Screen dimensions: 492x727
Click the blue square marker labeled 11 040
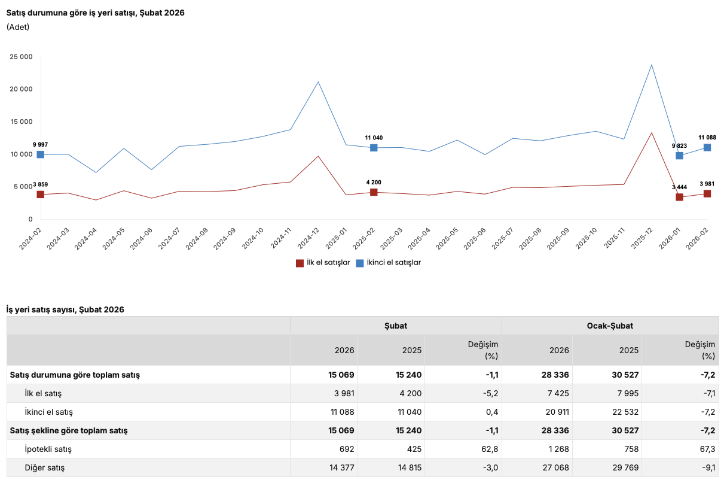374,148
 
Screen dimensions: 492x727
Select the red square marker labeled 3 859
40,195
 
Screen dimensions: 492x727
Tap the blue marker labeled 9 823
679,156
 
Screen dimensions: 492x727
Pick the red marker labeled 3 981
707,194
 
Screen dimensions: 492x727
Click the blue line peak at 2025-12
651,65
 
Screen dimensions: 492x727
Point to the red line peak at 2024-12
318,156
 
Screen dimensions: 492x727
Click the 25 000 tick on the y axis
21,57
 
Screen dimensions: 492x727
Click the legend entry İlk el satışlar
323,262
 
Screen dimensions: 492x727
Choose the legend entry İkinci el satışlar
389,262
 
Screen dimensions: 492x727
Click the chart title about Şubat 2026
95,13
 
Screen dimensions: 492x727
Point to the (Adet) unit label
18,27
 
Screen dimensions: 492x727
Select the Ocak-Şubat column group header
610,326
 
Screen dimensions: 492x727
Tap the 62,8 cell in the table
490,449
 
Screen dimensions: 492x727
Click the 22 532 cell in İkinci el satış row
624,412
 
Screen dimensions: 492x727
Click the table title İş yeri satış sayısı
65,309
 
